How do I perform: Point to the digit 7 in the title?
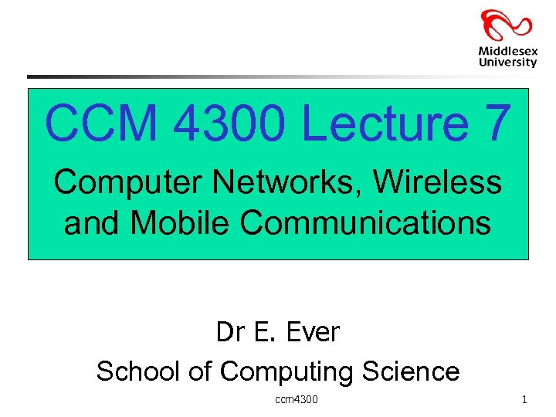pos(494,123)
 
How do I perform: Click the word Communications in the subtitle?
pos(365,222)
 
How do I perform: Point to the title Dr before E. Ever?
pos(229,332)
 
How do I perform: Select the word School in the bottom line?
pos(138,371)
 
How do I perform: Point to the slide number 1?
pos(524,399)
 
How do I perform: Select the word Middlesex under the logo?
pos(507,51)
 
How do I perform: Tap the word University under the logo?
pos(507,63)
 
